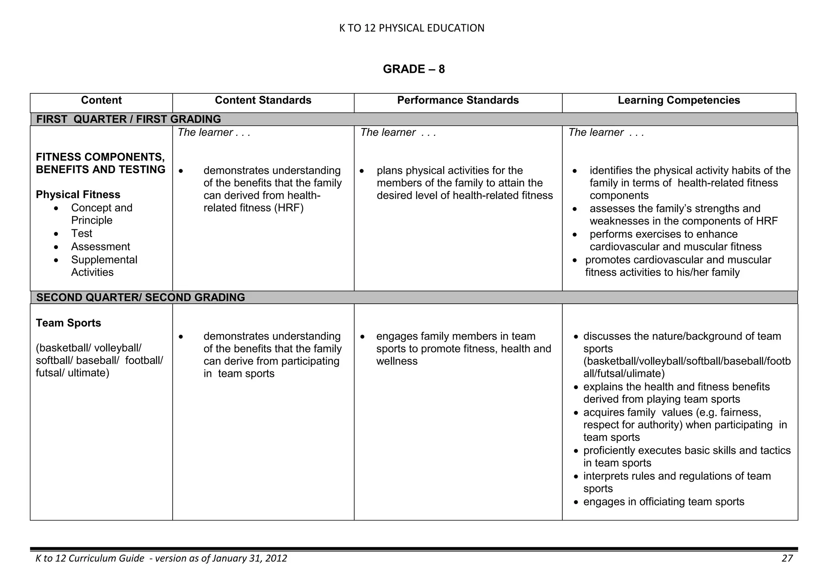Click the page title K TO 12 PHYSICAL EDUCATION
412,28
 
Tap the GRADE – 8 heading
414,69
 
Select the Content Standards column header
263,100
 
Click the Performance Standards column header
458,100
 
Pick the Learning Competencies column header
678,100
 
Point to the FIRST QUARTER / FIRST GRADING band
129,119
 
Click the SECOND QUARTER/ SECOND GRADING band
140,297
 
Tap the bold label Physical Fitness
78,195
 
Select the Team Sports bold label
68,323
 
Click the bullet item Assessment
100,247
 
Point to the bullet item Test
82,233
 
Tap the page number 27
787,558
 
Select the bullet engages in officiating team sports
663,502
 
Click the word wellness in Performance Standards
397,361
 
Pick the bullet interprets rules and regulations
676,476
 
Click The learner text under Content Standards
205,133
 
